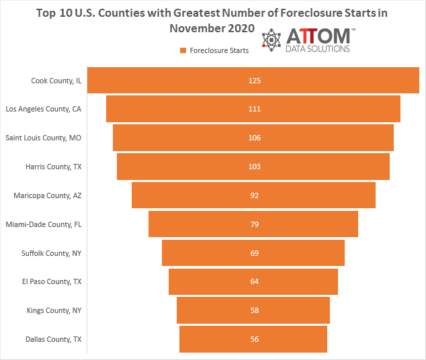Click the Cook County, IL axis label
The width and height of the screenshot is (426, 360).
tap(56, 81)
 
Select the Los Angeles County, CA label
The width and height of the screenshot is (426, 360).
tap(44, 109)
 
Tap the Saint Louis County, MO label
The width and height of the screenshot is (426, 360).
tap(44, 138)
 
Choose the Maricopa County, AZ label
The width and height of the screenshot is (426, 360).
tap(48, 195)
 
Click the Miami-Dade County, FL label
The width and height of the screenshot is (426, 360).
tap(44, 224)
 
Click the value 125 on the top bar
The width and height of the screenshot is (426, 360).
tap(254, 81)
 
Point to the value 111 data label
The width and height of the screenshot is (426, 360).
tap(254, 109)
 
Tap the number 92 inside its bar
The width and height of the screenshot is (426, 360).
tap(254, 195)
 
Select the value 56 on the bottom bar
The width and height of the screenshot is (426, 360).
tap(254, 339)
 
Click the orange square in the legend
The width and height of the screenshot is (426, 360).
tap(183, 50)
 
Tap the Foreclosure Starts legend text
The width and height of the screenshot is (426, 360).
tap(219, 50)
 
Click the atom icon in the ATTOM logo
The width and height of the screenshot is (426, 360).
tap(273, 41)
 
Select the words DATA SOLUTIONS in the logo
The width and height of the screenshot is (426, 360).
tap(318, 49)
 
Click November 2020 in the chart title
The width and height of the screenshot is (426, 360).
tap(212, 28)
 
